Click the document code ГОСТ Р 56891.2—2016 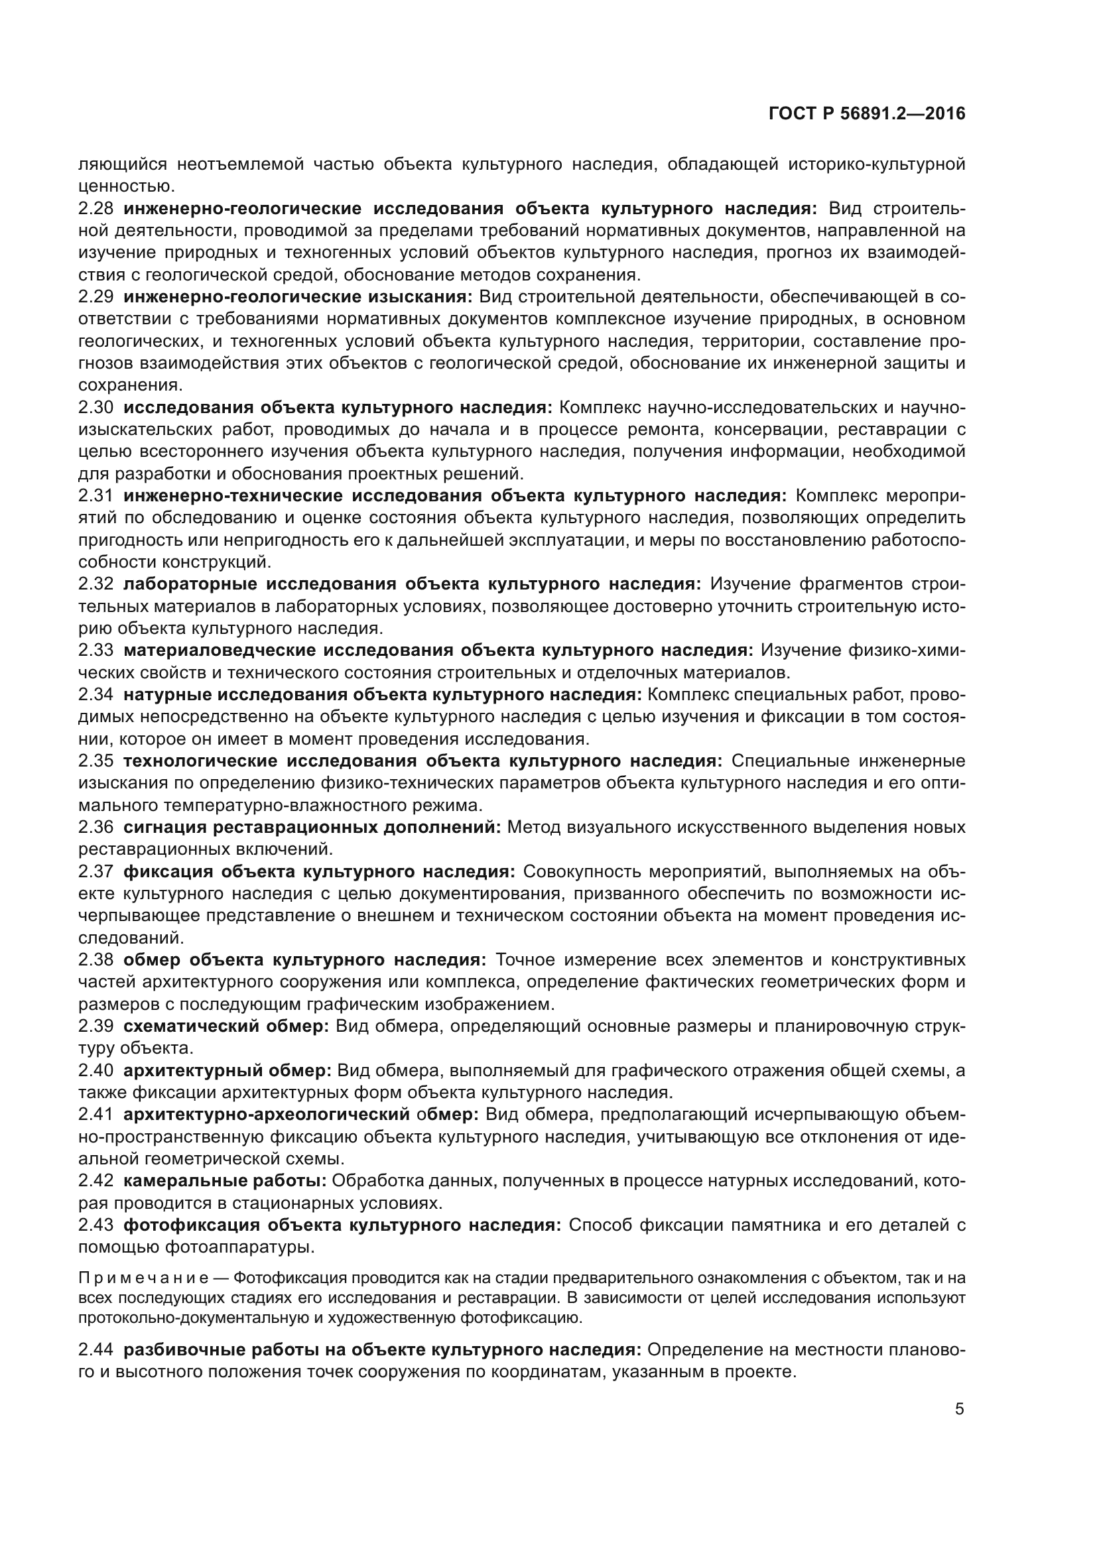(x=867, y=114)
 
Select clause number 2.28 (x=96, y=208)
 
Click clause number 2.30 (x=96, y=407)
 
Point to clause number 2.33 (x=96, y=651)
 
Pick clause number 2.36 (x=96, y=828)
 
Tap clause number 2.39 (x=96, y=1026)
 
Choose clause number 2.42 (x=96, y=1181)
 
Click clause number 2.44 (x=96, y=1349)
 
